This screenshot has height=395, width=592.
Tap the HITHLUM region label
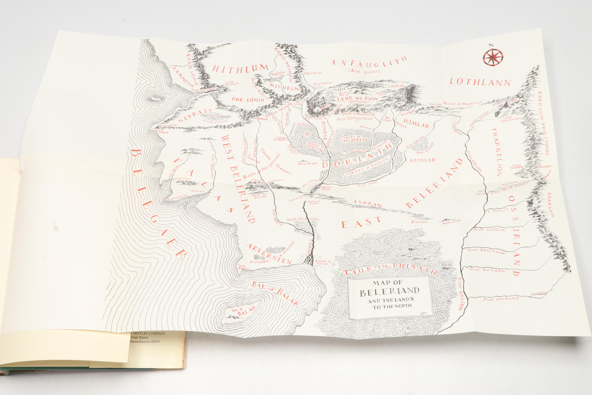237,68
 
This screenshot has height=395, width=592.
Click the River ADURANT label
497,299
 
